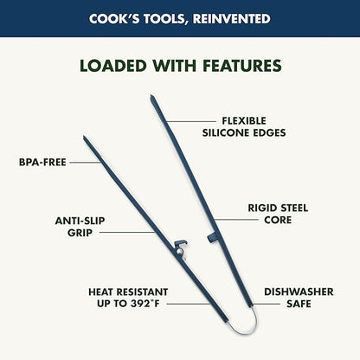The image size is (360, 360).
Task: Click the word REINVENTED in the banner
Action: click(232, 19)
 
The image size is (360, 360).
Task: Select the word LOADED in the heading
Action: click(113, 66)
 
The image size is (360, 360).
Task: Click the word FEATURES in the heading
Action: click(242, 66)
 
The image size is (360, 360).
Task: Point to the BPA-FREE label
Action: click(42, 162)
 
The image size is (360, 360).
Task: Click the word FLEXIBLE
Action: click(244, 120)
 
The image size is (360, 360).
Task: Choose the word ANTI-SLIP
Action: click(80, 221)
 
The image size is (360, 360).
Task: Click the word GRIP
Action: click(80, 233)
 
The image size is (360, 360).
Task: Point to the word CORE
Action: click(278, 220)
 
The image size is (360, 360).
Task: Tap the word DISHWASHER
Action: click(299, 292)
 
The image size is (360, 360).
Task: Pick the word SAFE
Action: click(299, 304)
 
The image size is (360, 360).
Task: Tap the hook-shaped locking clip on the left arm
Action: click(181, 245)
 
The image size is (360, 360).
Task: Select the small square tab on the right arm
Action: click(211, 237)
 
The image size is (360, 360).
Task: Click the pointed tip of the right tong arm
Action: click(151, 96)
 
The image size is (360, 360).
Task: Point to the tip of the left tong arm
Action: click(84, 137)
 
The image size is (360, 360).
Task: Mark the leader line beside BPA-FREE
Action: click(85, 163)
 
